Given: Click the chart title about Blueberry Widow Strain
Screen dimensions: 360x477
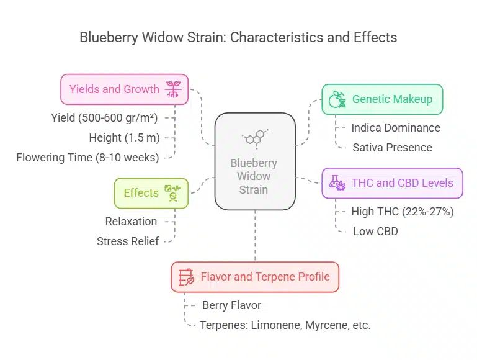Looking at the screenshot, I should (x=238, y=37).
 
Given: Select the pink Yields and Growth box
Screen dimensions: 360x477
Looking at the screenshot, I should (x=124, y=89).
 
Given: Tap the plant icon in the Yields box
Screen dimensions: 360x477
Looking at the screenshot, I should (x=174, y=89).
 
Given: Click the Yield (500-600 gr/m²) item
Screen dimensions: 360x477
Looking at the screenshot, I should (x=104, y=117).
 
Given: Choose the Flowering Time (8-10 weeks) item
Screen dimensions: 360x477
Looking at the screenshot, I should (x=87, y=158).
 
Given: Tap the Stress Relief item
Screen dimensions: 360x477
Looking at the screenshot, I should (x=128, y=241).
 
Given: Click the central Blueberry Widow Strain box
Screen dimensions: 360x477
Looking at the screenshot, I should (x=254, y=161).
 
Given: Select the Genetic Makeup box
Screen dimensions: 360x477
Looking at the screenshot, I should (x=382, y=99).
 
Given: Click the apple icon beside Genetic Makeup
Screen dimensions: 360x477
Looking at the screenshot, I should (x=336, y=99).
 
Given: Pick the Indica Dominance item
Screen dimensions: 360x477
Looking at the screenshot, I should (x=395, y=128).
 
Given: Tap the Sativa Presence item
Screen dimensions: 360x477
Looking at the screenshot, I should (x=391, y=148).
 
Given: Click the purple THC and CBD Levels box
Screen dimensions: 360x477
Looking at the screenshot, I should (x=392, y=182).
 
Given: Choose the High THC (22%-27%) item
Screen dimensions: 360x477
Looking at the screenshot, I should (x=403, y=211).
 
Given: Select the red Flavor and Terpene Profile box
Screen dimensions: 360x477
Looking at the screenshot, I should (x=255, y=276).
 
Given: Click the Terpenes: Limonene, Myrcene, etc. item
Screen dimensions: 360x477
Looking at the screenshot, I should (x=285, y=325).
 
